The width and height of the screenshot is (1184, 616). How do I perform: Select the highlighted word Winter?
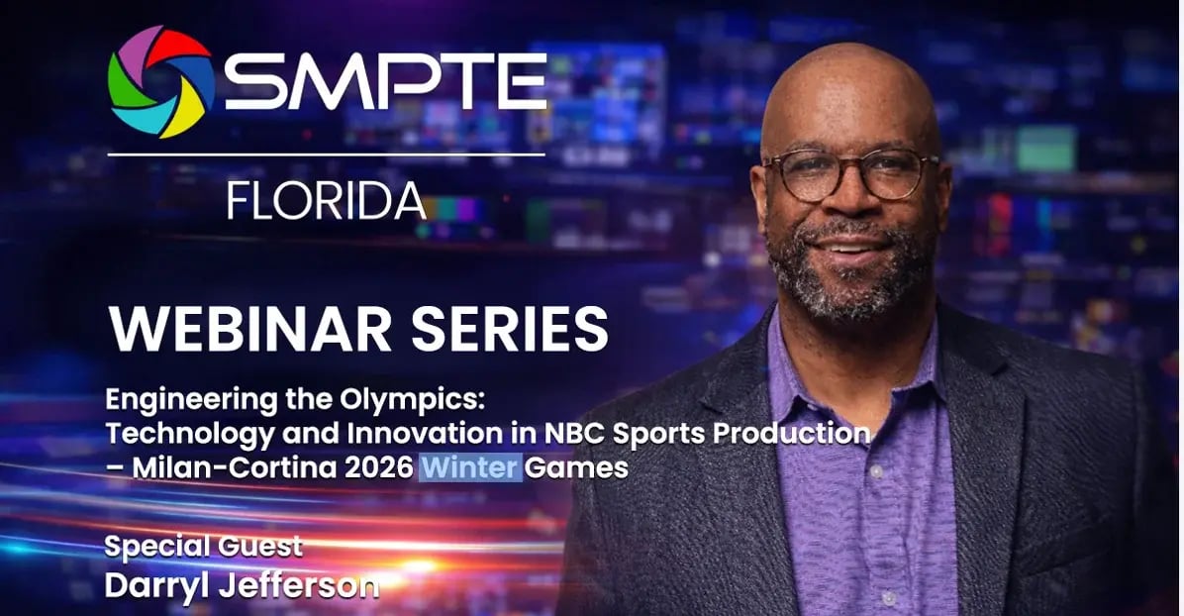click(470, 466)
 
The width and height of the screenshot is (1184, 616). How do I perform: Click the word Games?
click(577, 466)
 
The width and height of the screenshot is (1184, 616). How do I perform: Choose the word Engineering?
click(175, 402)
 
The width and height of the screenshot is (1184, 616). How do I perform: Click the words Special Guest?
click(203, 547)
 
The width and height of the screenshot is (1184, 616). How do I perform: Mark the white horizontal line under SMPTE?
click(326, 154)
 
